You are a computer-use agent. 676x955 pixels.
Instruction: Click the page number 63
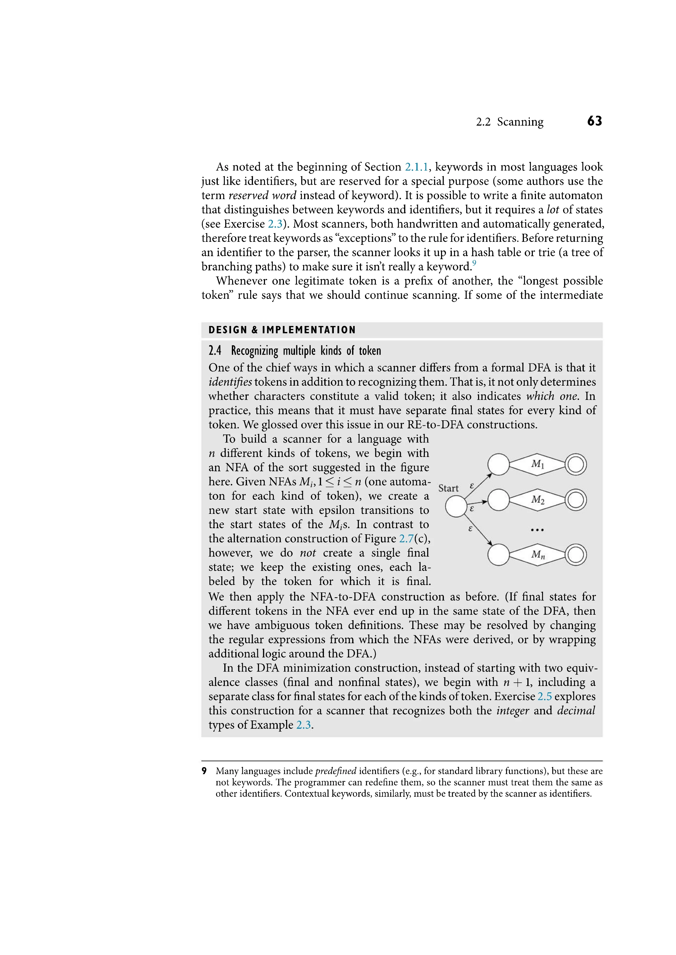(x=594, y=121)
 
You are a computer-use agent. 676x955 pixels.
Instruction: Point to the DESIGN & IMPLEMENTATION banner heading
(x=282, y=330)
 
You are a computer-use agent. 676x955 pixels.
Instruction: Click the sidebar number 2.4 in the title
(x=215, y=351)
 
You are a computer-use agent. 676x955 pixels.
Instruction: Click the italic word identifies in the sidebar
(x=230, y=382)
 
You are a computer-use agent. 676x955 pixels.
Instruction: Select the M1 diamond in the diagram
(x=538, y=464)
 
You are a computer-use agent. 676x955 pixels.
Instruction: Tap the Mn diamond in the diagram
(x=538, y=555)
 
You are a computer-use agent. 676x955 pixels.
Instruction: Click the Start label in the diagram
(x=448, y=488)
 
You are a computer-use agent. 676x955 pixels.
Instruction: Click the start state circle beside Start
(x=456, y=507)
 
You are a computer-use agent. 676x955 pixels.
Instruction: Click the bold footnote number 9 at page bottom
(x=204, y=771)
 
